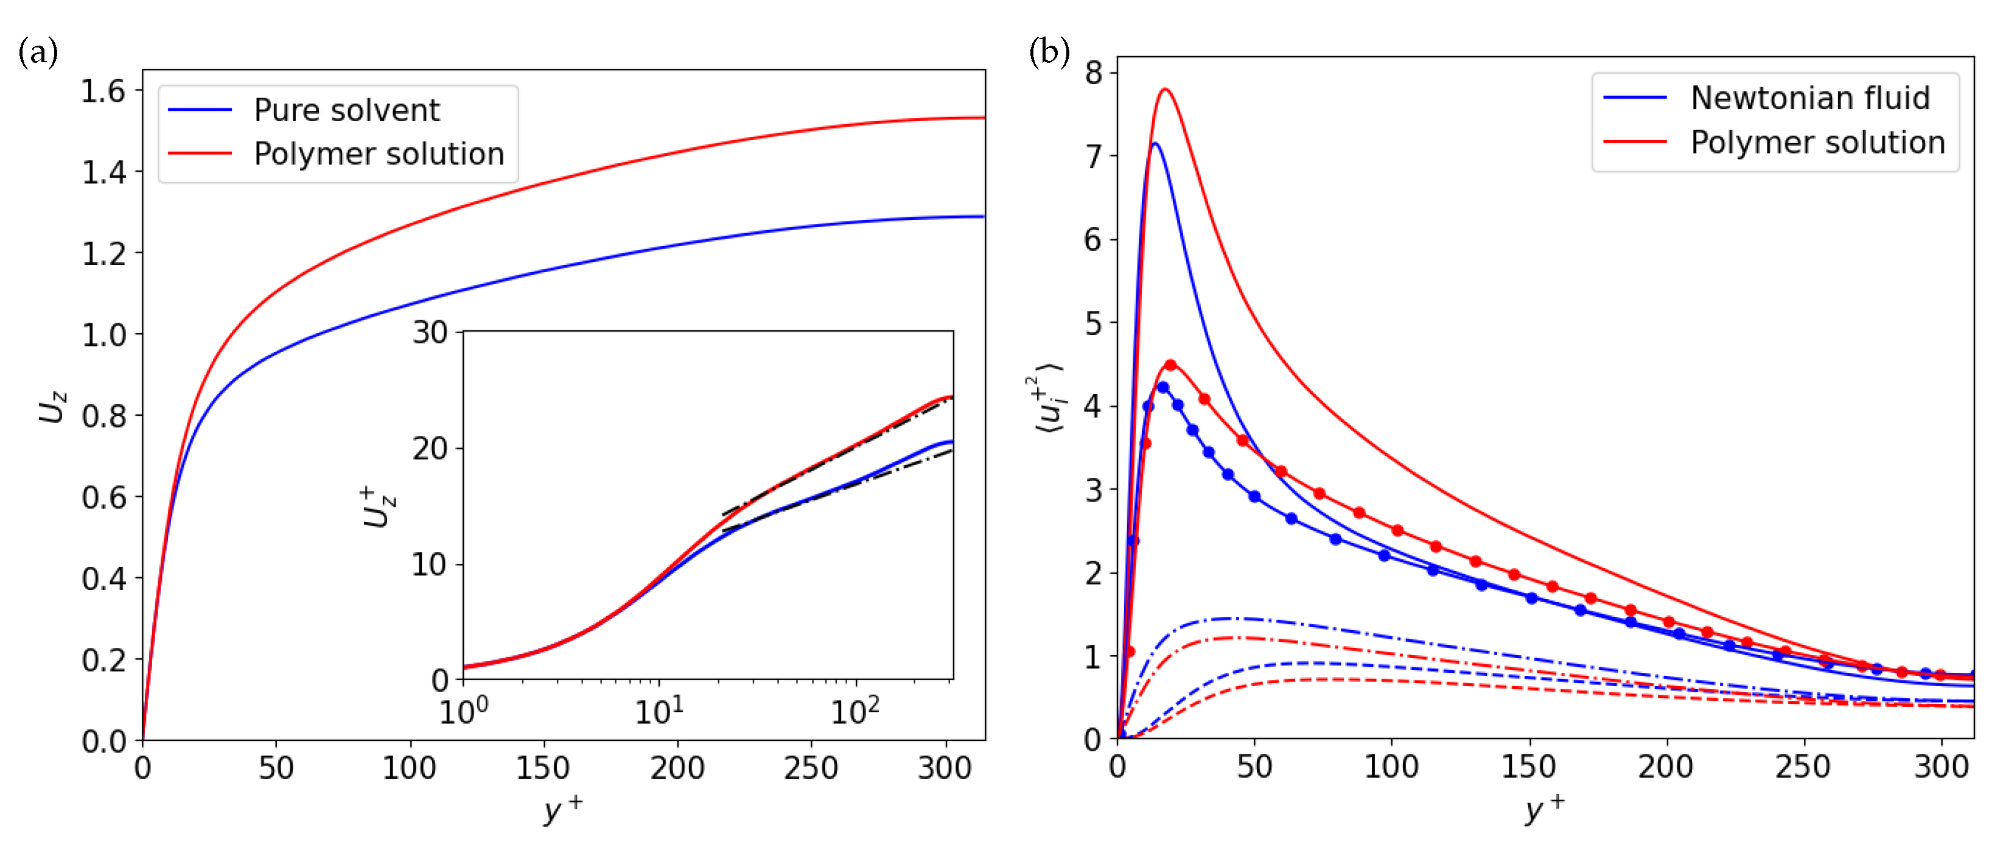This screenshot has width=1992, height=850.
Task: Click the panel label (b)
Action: pyautogui.click(x=1049, y=52)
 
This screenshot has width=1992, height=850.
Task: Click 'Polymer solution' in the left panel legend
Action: pyautogui.click(x=379, y=153)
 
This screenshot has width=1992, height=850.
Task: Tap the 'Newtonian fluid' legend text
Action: pyautogui.click(x=1809, y=97)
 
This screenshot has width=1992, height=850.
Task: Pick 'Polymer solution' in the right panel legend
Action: pyautogui.click(x=1817, y=142)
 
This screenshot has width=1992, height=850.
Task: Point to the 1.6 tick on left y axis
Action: pyautogui.click(x=103, y=91)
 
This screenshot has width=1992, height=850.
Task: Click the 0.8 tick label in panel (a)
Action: pyautogui.click(x=103, y=416)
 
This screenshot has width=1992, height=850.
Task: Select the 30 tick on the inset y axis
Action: pyautogui.click(x=430, y=332)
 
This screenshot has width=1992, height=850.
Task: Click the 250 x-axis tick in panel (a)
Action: pyautogui.click(x=811, y=768)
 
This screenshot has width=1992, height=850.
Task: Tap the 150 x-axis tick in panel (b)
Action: pyautogui.click(x=1528, y=767)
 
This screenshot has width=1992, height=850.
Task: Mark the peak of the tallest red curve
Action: pyautogui.click(x=1164, y=89)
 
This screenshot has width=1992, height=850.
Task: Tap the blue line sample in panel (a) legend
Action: pyautogui.click(x=200, y=110)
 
